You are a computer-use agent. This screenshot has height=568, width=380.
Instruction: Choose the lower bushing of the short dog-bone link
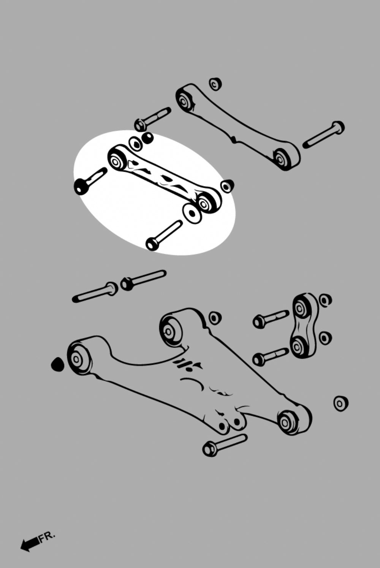point(298,345)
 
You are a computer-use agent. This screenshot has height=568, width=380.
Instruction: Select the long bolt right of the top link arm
point(324,134)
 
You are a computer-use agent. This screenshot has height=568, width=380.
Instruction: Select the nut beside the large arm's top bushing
point(215,318)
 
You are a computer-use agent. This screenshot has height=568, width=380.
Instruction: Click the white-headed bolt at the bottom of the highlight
point(164,235)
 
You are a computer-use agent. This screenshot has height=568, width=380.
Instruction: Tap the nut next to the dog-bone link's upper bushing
point(325,300)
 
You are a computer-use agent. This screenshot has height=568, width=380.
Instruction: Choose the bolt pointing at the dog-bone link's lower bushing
point(271,357)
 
